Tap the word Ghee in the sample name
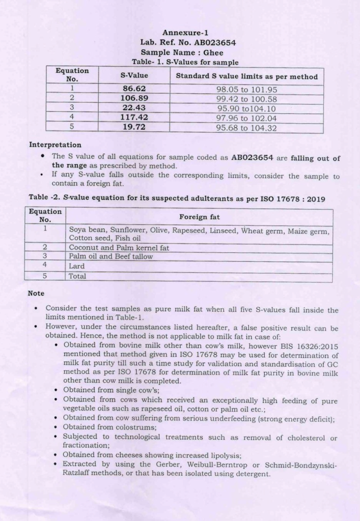(213, 52)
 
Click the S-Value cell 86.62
(134, 89)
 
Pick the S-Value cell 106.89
(134, 98)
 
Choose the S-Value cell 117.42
(134, 118)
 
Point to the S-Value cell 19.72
(134, 127)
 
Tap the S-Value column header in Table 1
(134, 75)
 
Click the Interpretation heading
(55, 145)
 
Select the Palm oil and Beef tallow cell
(110, 256)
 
